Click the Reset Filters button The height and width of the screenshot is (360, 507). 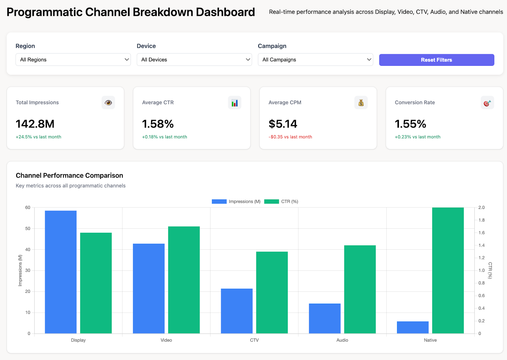[436, 60]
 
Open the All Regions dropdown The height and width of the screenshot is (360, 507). [73, 60]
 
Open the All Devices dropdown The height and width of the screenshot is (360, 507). [194, 60]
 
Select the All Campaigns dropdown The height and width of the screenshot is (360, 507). [315, 60]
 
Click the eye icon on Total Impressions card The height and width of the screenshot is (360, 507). [108, 103]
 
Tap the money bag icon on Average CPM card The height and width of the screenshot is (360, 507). [361, 103]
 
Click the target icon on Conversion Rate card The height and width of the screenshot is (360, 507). [487, 103]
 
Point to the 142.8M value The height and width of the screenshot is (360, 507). [35, 124]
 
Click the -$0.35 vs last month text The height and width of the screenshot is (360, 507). [290, 137]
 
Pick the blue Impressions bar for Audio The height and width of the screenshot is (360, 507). [324, 318]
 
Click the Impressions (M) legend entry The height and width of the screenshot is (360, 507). [236, 201]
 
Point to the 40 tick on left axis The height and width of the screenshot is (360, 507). [28, 249]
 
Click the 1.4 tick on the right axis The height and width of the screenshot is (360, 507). [481, 245]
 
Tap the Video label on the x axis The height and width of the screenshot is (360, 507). [166, 340]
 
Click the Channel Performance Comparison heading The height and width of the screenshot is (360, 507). [69, 175]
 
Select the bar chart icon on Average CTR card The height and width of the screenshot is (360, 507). [234, 103]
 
